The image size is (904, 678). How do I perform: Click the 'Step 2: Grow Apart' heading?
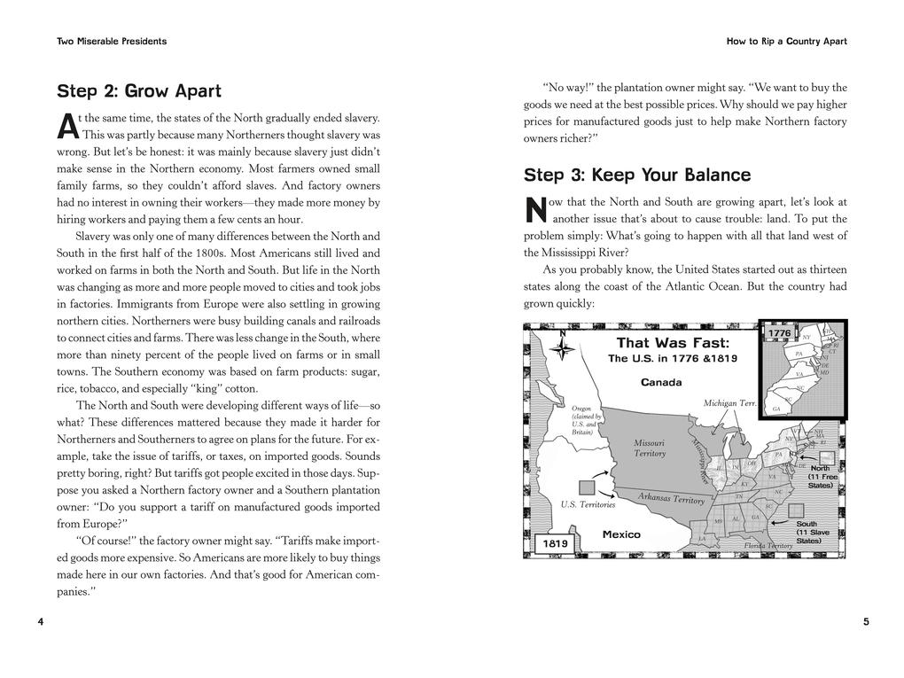point(139,91)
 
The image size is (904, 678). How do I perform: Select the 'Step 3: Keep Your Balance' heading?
point(636,175)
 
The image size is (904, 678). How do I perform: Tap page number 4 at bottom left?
point(41,621)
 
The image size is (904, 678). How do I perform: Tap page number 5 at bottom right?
point(865,621)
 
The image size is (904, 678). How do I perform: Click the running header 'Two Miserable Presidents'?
point(112,42)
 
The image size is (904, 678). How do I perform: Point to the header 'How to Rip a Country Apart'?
point(786,42)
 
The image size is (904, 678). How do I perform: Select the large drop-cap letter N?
point(535,211)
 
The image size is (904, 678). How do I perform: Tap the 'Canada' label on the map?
point(661,383)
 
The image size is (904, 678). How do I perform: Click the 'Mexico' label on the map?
point(621,534)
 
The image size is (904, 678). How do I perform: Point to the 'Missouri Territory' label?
point(650,448)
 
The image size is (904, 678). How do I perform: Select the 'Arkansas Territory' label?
point(671,499)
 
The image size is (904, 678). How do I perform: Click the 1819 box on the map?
point(556,542)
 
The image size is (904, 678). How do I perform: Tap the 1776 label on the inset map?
point(779,333)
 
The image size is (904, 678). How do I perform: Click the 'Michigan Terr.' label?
point(729,403)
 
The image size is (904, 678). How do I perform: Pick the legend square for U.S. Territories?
point(586,487)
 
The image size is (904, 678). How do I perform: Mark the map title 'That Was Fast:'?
point(673,343)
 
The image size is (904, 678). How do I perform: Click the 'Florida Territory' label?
point(768,546)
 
